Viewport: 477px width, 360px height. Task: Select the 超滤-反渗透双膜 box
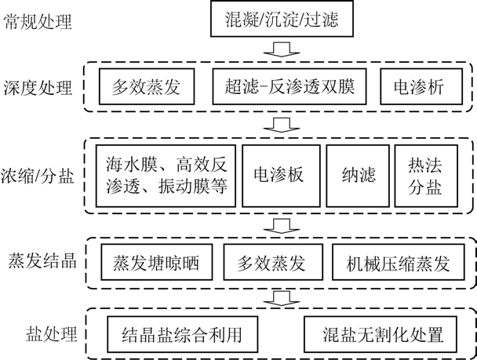[289, 86]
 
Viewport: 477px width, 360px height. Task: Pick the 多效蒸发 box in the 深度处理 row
[147, 86]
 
